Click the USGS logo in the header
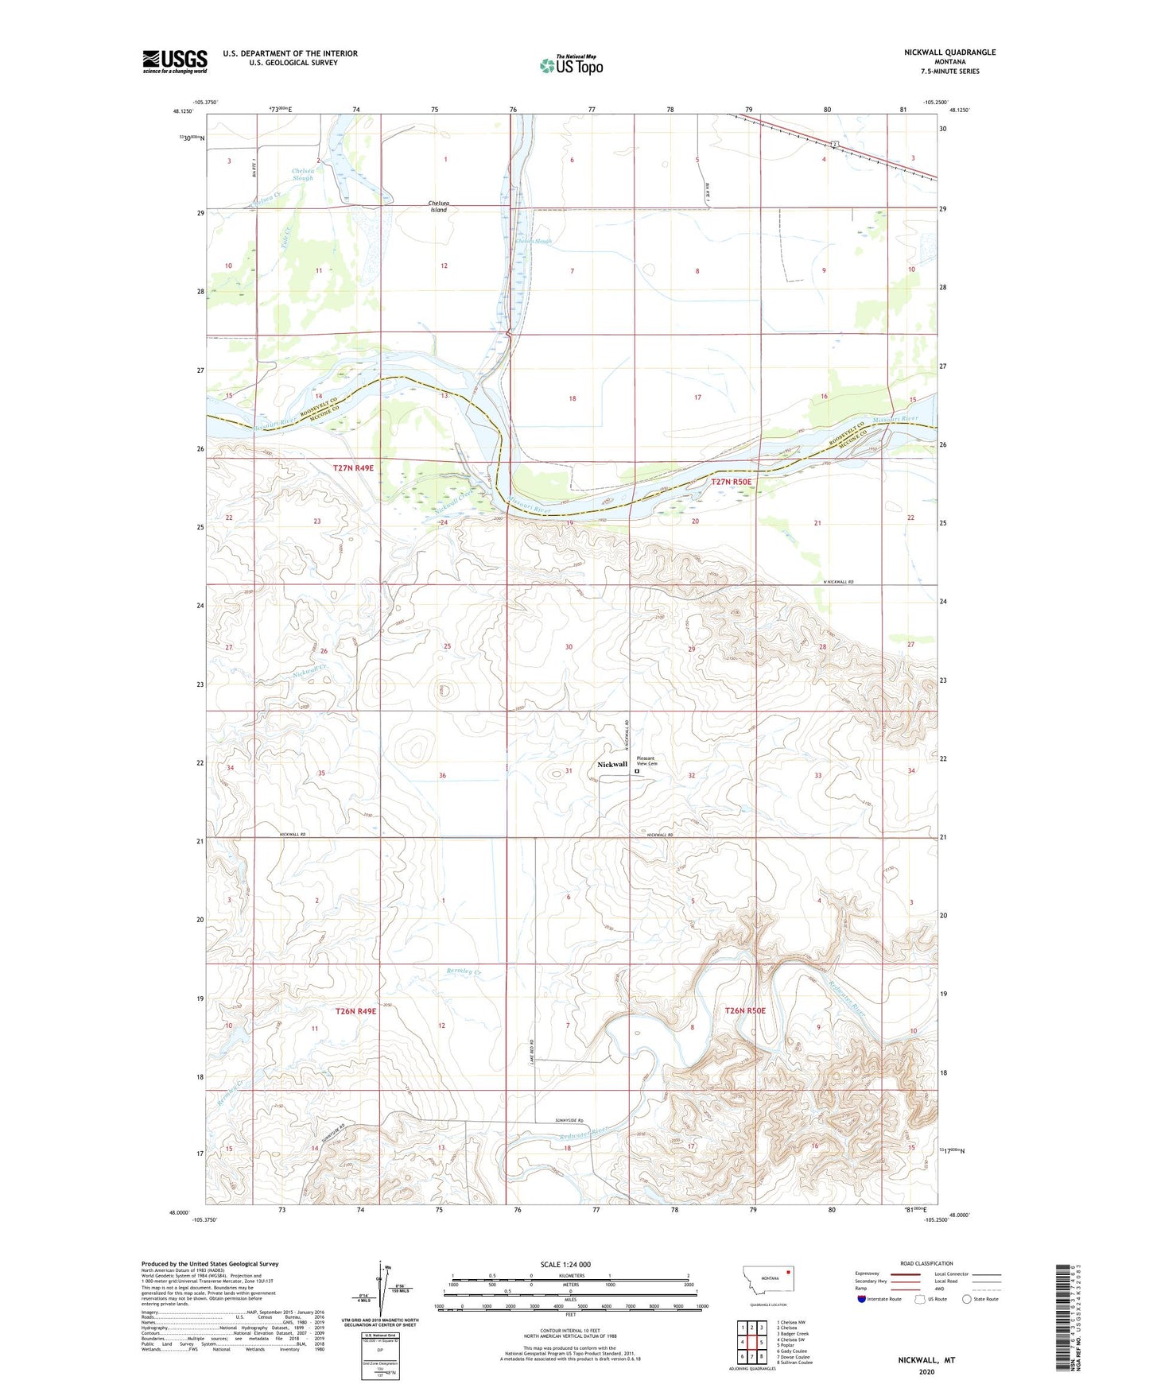(174, 61)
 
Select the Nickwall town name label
(612, 765)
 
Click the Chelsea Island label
(439, 207)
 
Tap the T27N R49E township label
(353, 468)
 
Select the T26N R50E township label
(745, 1010)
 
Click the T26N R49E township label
(353, 1012)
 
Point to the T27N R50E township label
(731, 482)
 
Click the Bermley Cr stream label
(464, 971)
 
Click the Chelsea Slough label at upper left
(302, 174)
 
